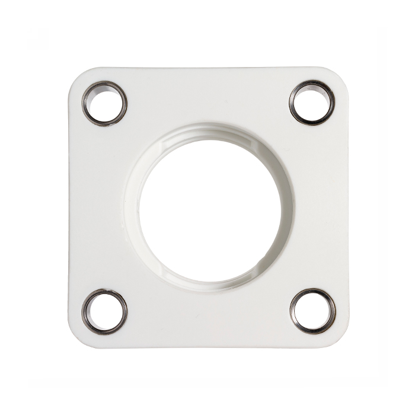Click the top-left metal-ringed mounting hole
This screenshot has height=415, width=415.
(105, 103)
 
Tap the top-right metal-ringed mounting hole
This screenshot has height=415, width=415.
(312, 103)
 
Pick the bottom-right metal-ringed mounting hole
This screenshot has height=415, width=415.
(312, 311)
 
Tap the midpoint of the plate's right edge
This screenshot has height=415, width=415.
(347, 207)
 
